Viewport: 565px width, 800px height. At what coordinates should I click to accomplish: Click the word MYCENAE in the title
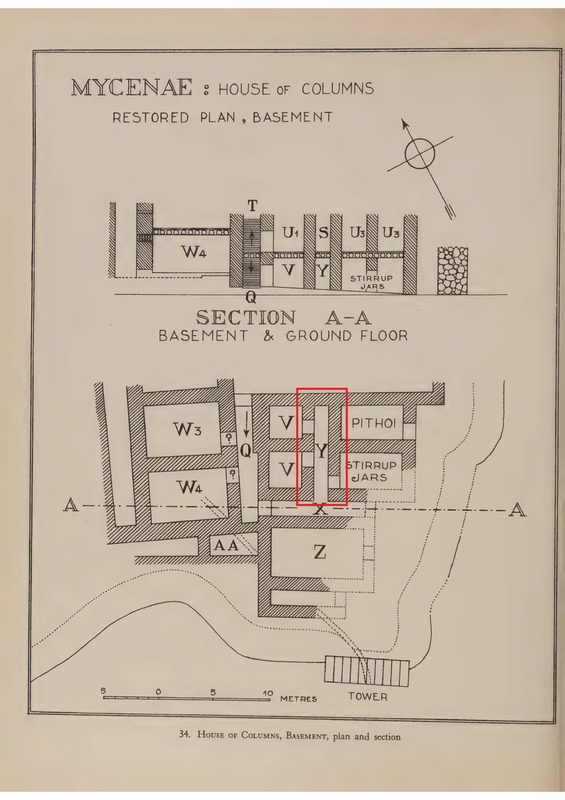pos(132,88)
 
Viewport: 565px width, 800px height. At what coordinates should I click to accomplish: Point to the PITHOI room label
pos(374,423)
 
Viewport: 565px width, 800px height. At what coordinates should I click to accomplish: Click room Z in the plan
pos(320,552)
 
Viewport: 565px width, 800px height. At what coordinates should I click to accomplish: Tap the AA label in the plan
pos(226,545)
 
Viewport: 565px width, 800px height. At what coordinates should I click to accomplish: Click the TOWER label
pos(367,696)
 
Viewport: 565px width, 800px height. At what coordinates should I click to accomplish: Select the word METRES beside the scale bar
pos(299,698)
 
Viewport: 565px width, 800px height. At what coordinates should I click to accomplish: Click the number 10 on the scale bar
pos(268,693)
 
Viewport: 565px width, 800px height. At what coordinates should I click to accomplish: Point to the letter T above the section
pos(252,206)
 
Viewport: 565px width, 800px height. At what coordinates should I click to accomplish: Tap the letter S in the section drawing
pos(323,233)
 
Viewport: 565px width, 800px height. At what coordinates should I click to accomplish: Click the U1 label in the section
pos(290,233)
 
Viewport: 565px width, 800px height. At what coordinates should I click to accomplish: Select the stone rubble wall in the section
pos(453,270)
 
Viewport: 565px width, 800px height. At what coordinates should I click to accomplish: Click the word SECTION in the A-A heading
pos(246,318)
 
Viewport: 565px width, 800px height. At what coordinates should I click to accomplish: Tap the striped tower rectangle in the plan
pos(367,670)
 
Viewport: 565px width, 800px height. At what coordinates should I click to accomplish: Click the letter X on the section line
pos(320,509)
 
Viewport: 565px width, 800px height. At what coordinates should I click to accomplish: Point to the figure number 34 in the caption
pos(184,734)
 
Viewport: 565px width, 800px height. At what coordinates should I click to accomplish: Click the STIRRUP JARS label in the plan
pos(372,471)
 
